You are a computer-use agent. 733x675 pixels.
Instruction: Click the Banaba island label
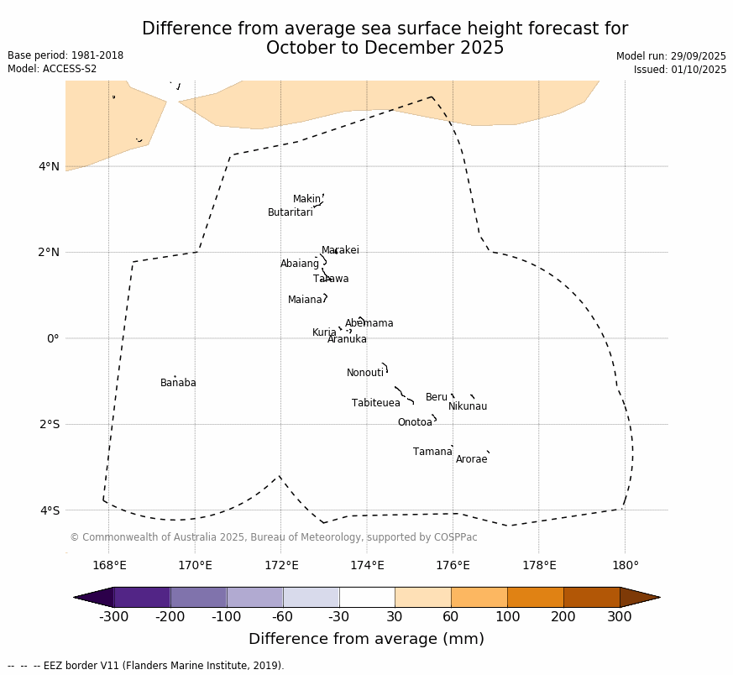178,383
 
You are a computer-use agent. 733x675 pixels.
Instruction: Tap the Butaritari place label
290,212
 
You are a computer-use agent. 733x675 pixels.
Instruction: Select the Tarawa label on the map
331,279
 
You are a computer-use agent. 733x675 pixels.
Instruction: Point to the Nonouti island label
365,373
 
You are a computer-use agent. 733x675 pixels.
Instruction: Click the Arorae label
471,459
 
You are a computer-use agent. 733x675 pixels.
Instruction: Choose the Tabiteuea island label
375,403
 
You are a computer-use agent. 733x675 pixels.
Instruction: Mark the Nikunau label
468,406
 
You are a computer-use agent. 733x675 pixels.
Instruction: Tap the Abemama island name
369,323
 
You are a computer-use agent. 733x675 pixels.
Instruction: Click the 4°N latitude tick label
49,166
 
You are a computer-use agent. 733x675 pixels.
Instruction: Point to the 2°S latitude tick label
49,424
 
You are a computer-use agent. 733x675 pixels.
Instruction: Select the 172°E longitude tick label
281,565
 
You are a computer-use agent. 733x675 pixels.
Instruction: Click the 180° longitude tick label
625,565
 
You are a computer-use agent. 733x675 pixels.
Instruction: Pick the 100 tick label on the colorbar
507,617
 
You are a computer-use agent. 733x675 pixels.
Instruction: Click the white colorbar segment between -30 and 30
367,597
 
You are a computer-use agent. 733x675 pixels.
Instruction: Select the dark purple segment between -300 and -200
142,597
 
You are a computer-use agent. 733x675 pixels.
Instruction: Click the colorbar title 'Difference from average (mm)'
366,639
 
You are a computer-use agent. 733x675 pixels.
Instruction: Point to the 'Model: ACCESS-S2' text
52,69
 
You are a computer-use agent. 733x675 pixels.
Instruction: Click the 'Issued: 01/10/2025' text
679,70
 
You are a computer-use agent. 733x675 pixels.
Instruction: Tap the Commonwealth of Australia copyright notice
273,537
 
